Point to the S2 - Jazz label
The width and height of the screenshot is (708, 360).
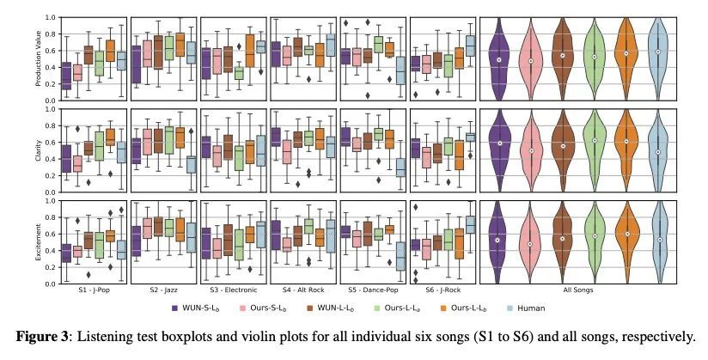pyautogui.click(x=162, y=290)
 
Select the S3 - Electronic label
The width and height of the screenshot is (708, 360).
pyautogui.click(x=232, y=290)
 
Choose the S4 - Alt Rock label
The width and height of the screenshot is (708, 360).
pyautogui.click(x=302, y=290)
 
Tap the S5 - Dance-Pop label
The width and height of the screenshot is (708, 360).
pyautogui.click(x=372, y=290)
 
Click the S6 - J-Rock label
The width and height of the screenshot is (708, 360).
pyautogui.click(x=442, y=290)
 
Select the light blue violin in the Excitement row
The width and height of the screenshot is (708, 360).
pyautogui.click(x=658, y=241)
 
